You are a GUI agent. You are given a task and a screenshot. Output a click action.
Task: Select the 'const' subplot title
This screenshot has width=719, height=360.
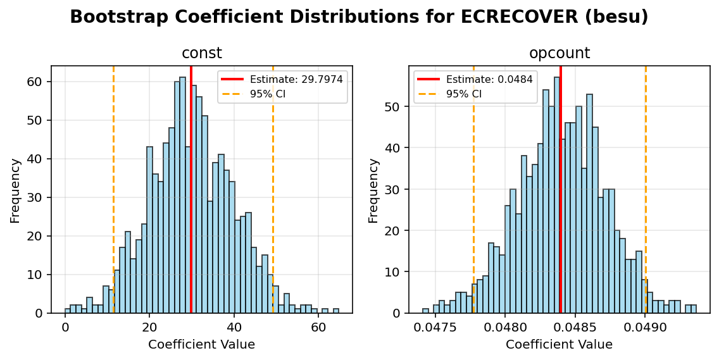(201, 54)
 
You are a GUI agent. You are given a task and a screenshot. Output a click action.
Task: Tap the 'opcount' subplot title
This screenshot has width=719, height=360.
(559, 54)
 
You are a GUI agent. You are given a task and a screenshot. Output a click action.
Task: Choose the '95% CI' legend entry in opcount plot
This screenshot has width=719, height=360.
(464, 94)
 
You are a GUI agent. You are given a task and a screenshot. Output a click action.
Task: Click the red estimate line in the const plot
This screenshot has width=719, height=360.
(191, 190)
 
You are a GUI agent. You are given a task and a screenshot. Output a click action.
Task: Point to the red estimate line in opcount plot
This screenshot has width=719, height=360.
(561, 190)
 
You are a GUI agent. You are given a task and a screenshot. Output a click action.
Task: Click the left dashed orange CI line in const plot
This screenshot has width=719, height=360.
(113, 190)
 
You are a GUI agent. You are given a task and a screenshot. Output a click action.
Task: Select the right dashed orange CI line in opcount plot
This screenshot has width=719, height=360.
(646, 190)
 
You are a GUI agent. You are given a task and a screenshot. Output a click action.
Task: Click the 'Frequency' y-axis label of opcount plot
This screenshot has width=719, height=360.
(373, 190)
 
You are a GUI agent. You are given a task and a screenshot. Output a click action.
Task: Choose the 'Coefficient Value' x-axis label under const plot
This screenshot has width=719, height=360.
(201, 345)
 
